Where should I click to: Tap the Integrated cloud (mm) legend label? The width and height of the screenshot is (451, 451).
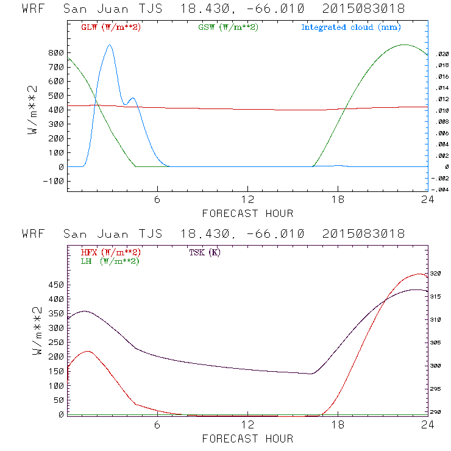(351, 27)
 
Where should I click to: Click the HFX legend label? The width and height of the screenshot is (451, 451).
(110, 252)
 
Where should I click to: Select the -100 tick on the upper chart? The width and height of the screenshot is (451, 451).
(54, 181)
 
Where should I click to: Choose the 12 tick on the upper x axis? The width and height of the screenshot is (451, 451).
(247, 201)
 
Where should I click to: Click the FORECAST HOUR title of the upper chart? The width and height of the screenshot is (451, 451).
(247, 213)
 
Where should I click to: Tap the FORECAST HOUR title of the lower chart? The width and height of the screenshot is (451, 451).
(247, 439)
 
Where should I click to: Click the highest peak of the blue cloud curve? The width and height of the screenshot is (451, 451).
(110, 45)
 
